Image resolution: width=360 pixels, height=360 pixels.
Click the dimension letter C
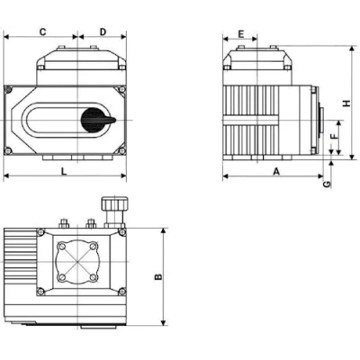point(42,31)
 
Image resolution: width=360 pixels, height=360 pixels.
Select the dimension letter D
point(103,31)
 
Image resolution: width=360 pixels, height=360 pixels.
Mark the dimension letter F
point(334,138)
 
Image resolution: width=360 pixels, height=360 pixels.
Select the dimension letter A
point(276,168)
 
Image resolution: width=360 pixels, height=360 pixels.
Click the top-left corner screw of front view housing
point(10,90)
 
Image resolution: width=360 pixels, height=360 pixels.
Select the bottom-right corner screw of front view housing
point(121,150)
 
